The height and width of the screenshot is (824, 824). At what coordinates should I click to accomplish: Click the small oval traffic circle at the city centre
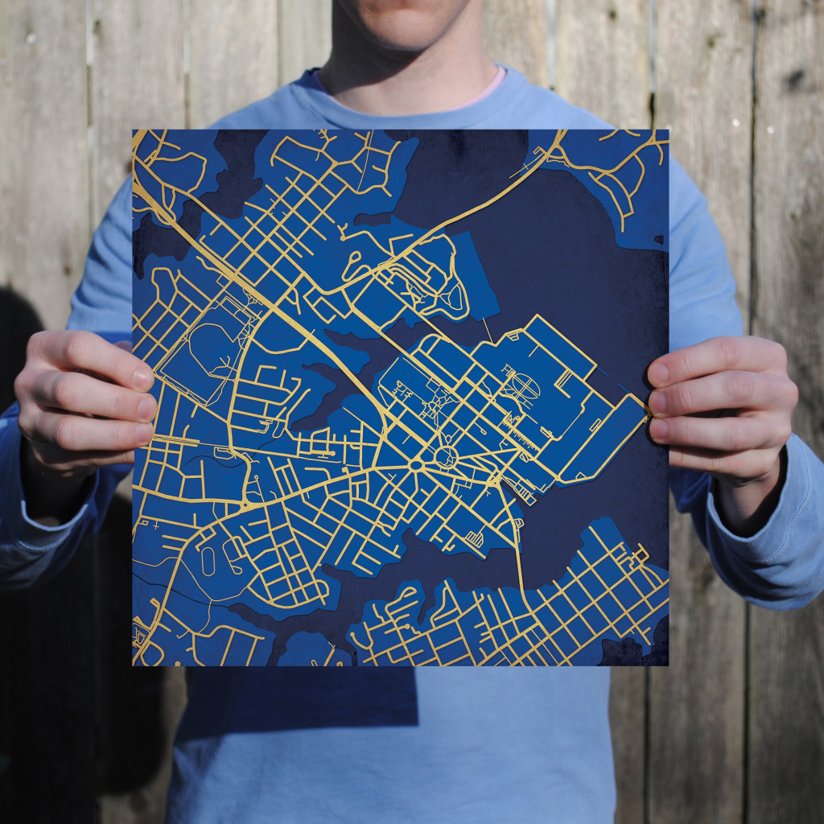[416, 465]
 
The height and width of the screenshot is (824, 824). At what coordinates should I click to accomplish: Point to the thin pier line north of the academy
[487, 329]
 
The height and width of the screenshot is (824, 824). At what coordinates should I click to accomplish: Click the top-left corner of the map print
[134, 130]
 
